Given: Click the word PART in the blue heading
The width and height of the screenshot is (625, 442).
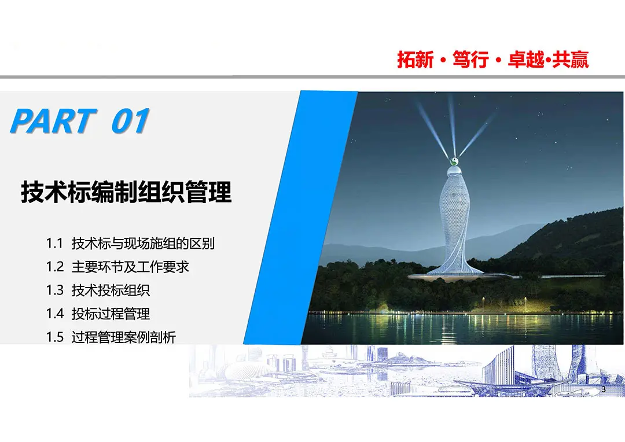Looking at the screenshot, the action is (53, 120).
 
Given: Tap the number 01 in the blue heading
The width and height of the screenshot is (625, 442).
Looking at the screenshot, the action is (130, 120).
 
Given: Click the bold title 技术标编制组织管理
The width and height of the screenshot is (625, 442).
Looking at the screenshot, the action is (126, 192).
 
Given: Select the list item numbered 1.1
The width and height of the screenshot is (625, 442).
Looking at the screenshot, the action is (130, 243).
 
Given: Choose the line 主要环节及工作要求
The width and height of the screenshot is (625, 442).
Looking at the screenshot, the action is (130, 267).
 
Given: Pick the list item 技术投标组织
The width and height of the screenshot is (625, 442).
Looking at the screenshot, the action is (111, 290).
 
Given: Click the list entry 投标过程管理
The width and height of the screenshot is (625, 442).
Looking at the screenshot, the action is (111, 314).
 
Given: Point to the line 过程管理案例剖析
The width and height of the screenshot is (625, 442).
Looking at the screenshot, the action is (124, 337).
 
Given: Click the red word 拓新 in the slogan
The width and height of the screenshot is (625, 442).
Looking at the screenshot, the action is (415, 60).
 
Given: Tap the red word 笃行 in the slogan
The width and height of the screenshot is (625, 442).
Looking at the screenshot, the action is (470, 60).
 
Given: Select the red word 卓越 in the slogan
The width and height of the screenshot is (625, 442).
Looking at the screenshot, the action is (525, 60).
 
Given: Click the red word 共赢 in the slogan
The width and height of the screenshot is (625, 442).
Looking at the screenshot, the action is (571, 60).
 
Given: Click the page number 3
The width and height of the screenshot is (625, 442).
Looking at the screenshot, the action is (603, 389).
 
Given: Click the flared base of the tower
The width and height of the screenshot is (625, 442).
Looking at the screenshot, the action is (454, 272).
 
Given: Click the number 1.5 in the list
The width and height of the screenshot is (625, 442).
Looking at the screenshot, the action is (54, 337).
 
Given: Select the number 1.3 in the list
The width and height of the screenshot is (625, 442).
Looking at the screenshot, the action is (54, 290).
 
